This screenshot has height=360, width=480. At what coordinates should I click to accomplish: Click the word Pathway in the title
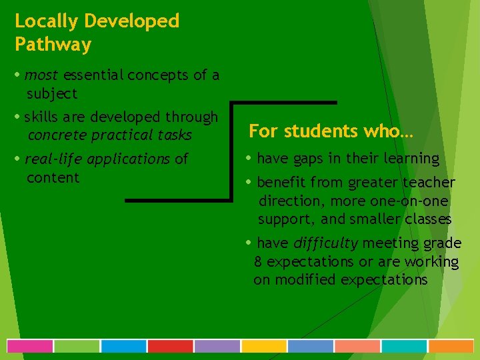tap(53, 45)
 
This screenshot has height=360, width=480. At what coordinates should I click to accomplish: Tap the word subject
tap(52, 94)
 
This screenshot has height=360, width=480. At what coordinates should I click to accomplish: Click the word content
tap(53, 178)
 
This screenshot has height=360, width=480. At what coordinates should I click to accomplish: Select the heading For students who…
tap(331, 131)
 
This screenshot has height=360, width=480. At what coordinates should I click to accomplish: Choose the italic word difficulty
tap(325, 243)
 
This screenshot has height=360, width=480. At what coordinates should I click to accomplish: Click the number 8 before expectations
tap(258, 262)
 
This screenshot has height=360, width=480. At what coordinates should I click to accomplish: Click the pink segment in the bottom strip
tap(30, 346)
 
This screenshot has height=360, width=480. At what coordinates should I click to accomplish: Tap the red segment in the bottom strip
tap(170, 346)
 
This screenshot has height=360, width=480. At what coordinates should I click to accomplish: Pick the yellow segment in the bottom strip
tap(263, 346)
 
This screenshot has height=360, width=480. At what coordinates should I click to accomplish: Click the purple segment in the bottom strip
tap(217, 346)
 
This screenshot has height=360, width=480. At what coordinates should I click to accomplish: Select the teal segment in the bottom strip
tap(403, 346)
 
